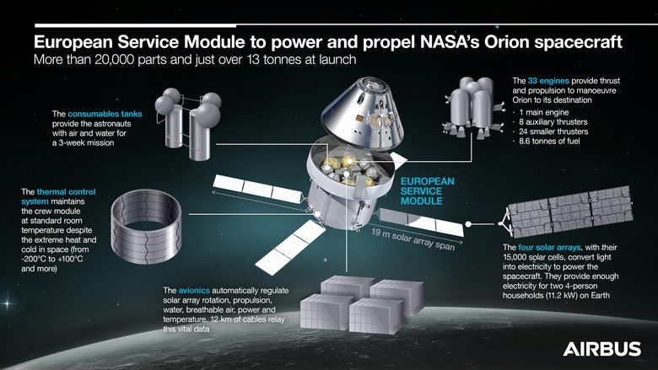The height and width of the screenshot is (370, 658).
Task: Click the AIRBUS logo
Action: pyautogui.click(x=602, y=349)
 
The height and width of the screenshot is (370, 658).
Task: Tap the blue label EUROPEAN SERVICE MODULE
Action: pyautogui.click(x=427, y=191)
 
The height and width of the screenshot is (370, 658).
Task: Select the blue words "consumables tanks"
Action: pyautogui.click(x=105, y=114)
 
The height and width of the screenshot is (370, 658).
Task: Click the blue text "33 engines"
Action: pyautogui.click(x=548, y=81)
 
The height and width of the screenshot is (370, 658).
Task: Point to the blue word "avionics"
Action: pyautogui.click(x=194, y=291)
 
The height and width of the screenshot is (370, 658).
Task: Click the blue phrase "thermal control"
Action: pyautogui.click(x=67, y=192)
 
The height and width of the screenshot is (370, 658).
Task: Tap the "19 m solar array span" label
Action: pyautogui.click(x=413, y=239)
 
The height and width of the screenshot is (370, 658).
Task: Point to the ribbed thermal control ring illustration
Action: pyautogui.click(x=146, y=226)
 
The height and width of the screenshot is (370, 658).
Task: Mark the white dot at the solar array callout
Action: pyautogui.click(x=468, y=224)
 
